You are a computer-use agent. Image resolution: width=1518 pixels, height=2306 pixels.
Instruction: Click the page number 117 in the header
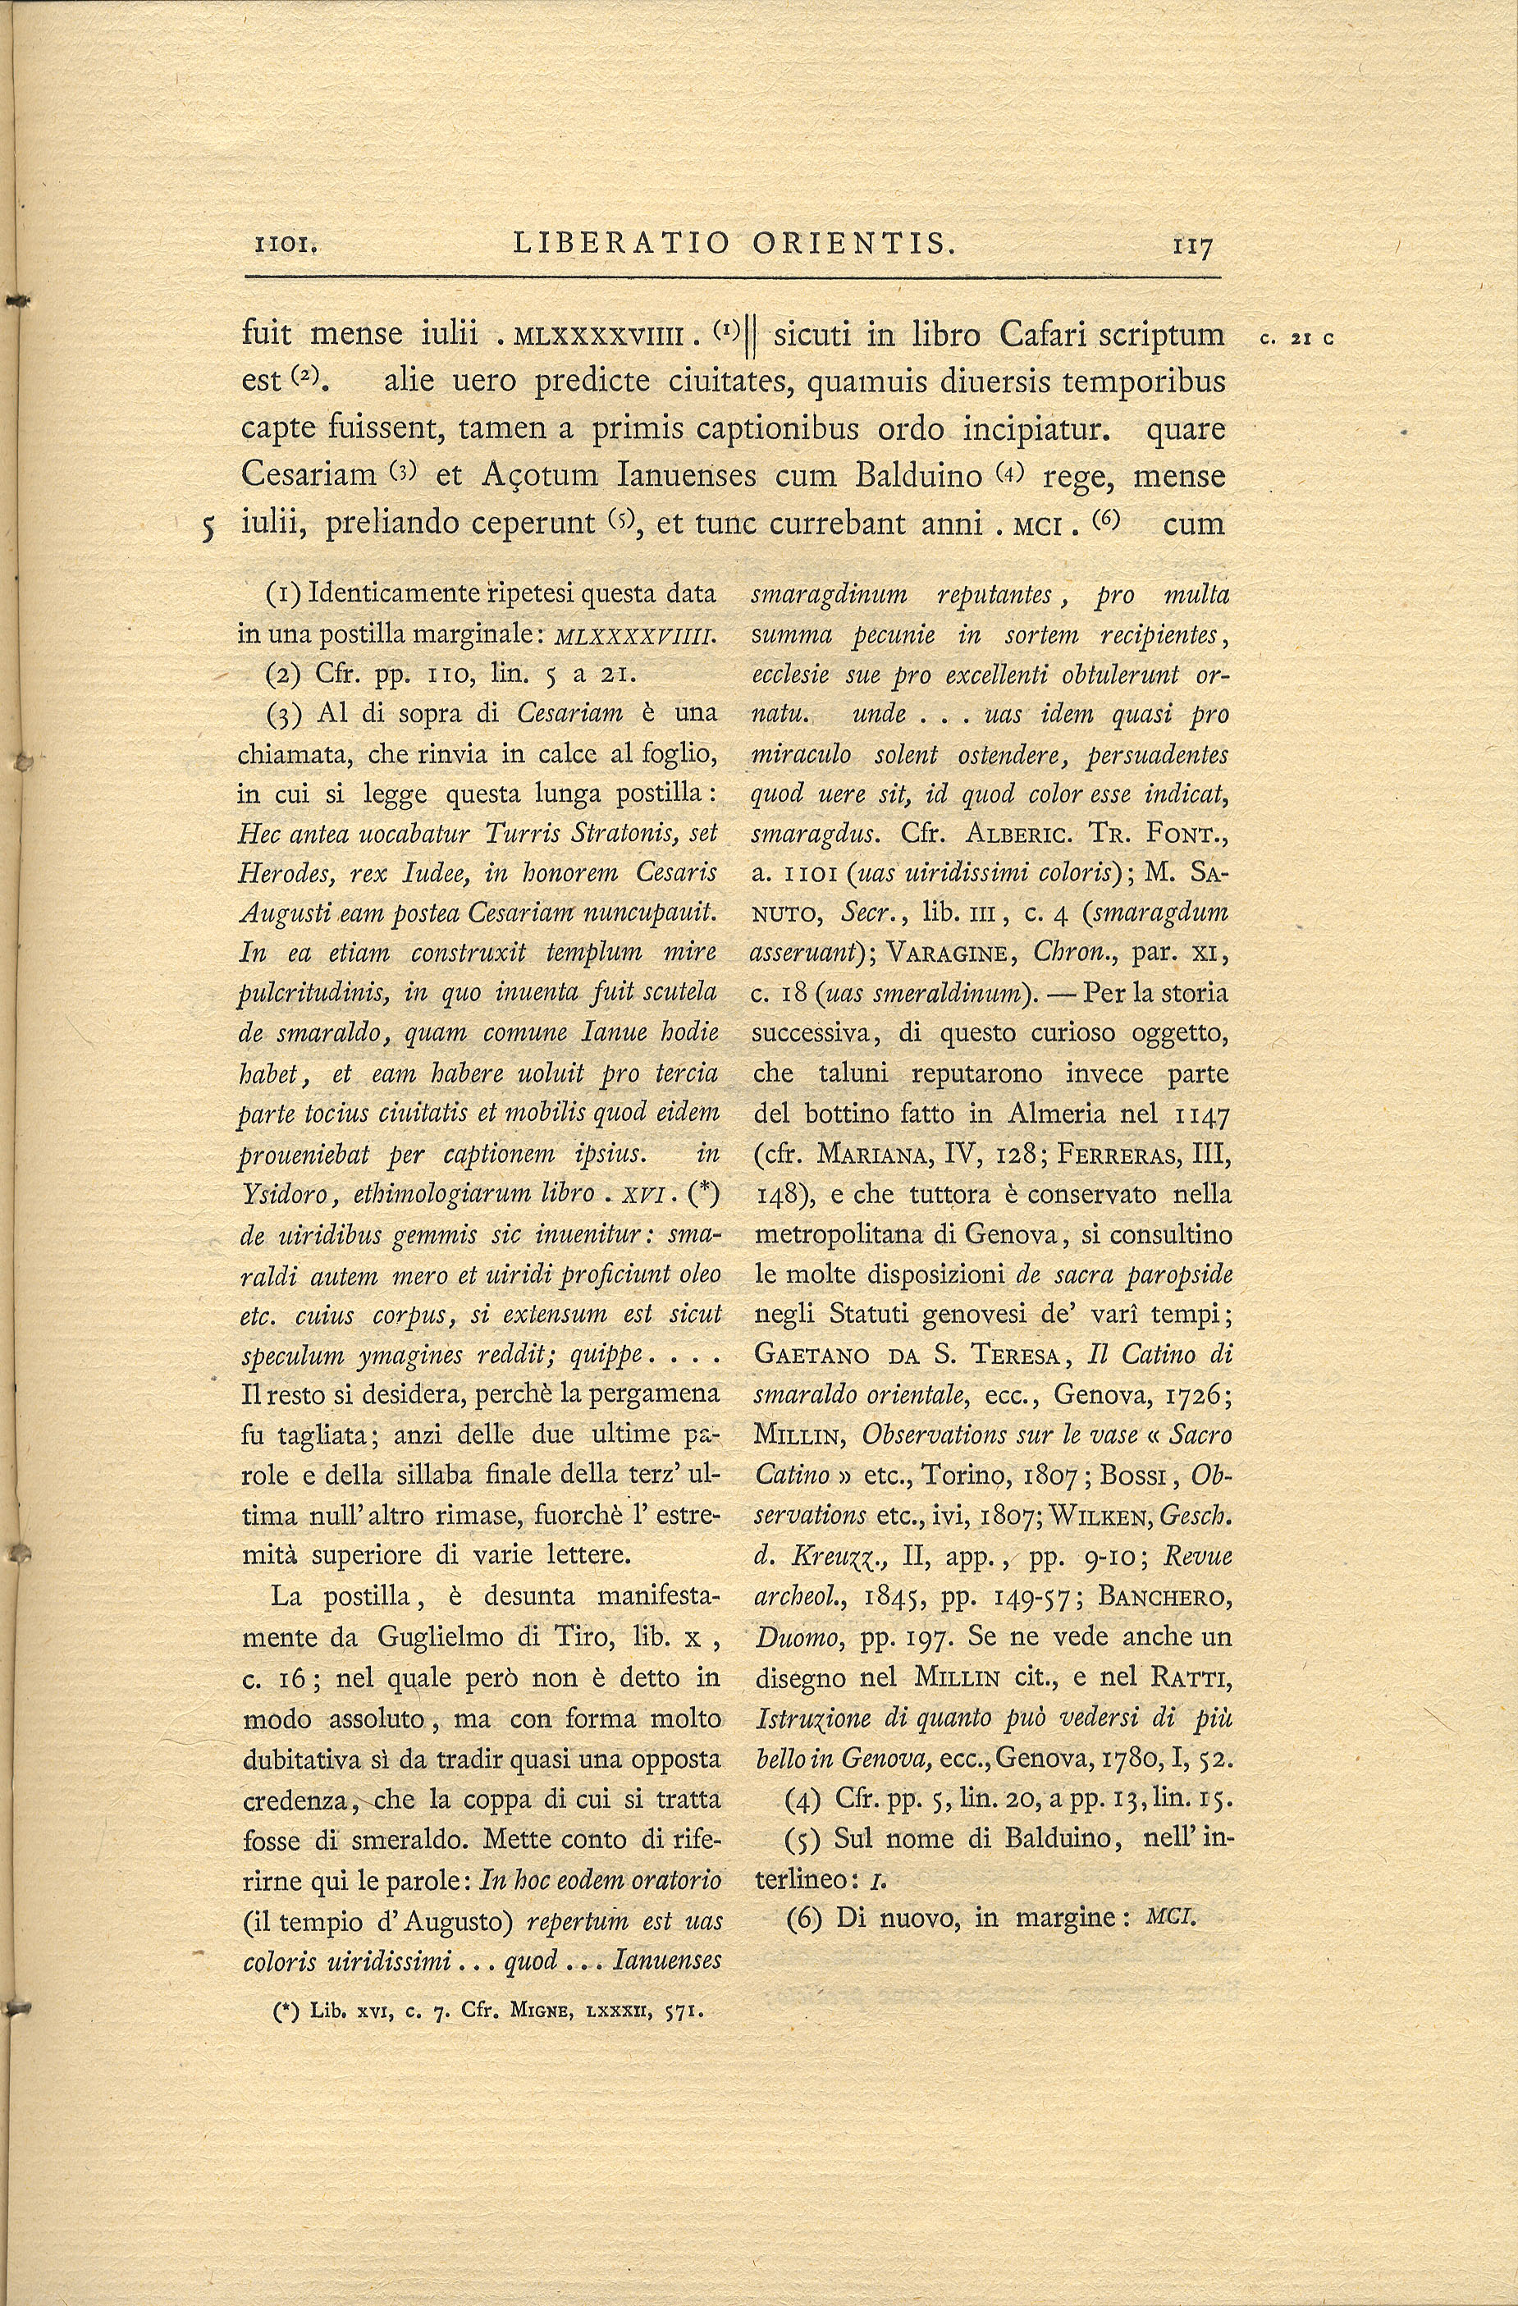coord(1191,249)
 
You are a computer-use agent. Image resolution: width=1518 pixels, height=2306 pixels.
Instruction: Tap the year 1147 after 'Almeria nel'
coord(1201,1115)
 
